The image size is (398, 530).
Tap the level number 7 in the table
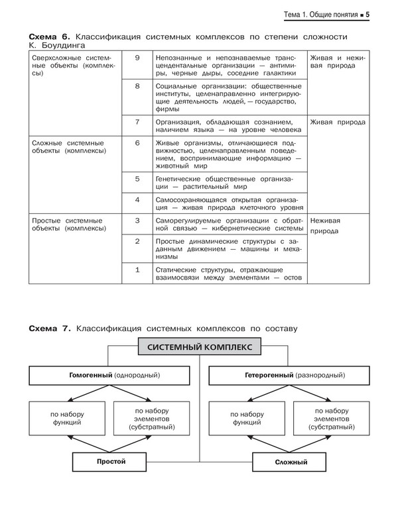click(137, 122)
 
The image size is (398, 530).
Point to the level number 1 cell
click(137, 270)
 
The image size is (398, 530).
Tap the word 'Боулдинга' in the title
click(62, 46)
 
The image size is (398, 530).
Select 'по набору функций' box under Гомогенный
click(66, 418)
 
